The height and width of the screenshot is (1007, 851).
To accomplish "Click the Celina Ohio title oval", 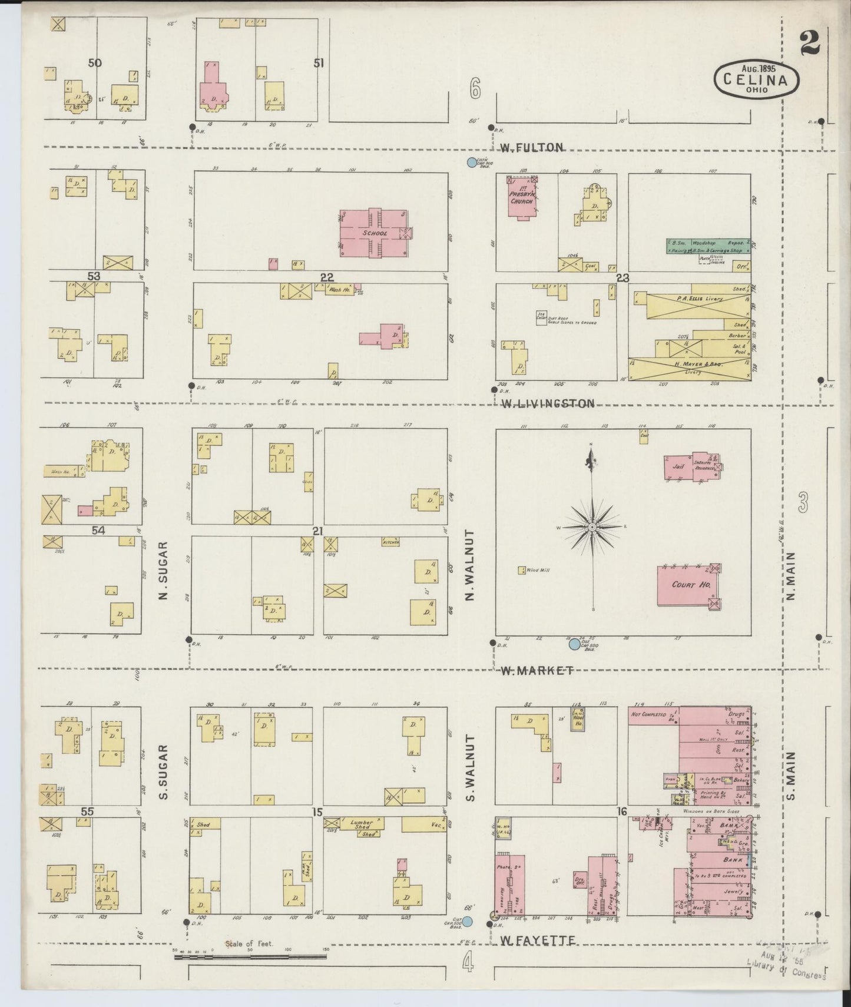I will pos(757,78).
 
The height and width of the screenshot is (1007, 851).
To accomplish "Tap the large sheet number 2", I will pos(810,42).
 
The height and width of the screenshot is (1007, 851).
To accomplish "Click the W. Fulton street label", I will pos(531,147).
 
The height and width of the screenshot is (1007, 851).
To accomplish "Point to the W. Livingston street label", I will pos(548,403).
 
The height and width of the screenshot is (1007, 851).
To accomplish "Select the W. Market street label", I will pos(537,670).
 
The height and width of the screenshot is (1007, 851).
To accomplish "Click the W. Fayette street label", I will pos(537,942).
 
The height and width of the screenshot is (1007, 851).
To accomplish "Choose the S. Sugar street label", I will pos(164,772).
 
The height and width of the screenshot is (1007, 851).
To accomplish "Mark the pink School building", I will pos(374,233).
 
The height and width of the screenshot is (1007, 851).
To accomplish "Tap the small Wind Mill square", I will pos(522,570).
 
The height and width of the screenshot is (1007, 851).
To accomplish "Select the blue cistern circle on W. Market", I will pos(574,644).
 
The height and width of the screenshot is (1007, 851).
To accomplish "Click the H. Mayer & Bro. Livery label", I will pos(698,365).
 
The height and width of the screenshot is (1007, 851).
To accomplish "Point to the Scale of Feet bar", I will pos(250,958).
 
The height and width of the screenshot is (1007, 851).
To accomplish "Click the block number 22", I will pos(327,277).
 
